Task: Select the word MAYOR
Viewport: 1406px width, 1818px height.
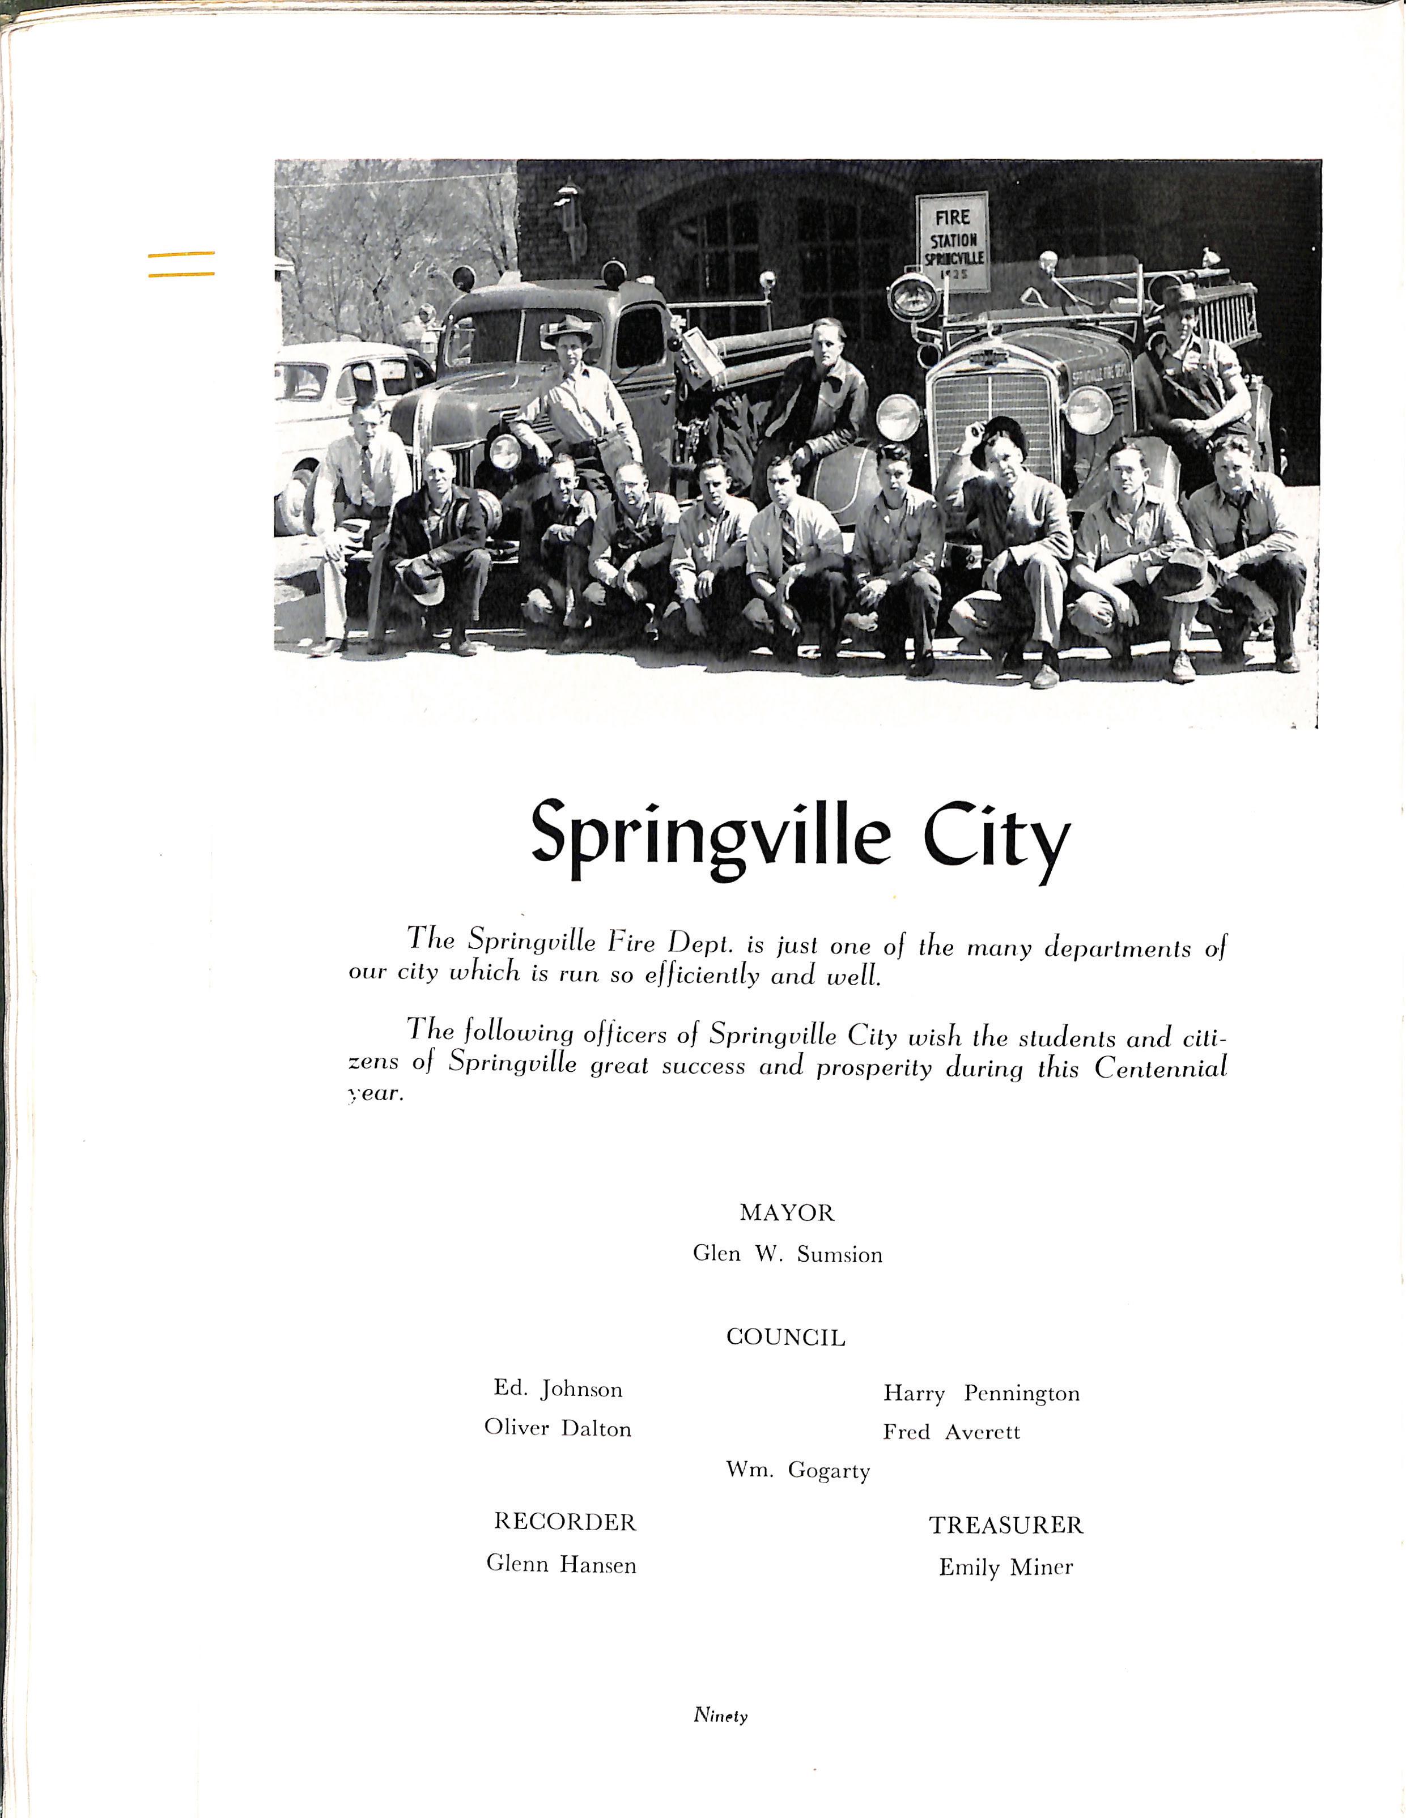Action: click(x=787, y=1213)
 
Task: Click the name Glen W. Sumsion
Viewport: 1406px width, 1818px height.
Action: click(x=788, y=1254)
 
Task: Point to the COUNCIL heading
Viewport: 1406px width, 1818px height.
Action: click(x=786, y=1338)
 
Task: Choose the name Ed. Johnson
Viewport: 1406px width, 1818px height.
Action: click(x=558, y=1389)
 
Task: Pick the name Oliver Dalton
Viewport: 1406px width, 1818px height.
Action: click(x=558, y=1428)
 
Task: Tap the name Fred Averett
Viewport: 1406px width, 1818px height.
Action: click(x=952, y=1432)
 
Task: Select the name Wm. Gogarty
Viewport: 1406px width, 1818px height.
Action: click(x=797, y=1471)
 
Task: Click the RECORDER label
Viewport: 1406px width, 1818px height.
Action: click(x=564, y=1522)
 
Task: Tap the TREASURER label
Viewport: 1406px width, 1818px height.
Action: click(x=1005, y=1526)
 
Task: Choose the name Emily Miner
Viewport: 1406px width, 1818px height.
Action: click(x=1005, y=1568)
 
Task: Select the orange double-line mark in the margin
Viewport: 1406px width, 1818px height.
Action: click(x=181, y=264)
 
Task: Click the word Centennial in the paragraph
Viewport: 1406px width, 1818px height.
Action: click(x=1161, y=1068)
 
